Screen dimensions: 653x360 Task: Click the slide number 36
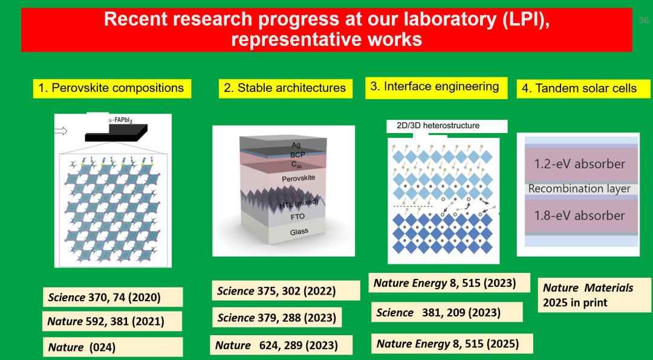click(x=644, y=20)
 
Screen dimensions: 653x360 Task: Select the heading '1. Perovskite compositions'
click(x=112, y=88)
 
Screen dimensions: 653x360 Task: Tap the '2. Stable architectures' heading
click(x=285, y=88)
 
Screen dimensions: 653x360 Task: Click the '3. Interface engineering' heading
click(x=436, y=88)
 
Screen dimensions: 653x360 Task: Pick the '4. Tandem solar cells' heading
click(x=583, y=89)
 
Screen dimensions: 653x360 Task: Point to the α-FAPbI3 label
click(x=118, y=121)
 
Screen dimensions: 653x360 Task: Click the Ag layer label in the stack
click(x=296, y=145)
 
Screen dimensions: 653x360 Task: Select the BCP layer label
click(x=297, y=155)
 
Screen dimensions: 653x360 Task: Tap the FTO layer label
click(x=297, y=217)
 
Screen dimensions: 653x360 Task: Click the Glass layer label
click(x=299, y=232)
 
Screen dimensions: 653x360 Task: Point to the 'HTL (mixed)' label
click(x=299, y=203)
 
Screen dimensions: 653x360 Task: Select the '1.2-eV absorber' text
click(x=580, y=164)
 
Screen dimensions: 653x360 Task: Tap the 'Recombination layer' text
click(x=579, y=189)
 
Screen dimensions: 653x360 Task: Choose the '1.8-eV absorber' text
click(x=580, y=215)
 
